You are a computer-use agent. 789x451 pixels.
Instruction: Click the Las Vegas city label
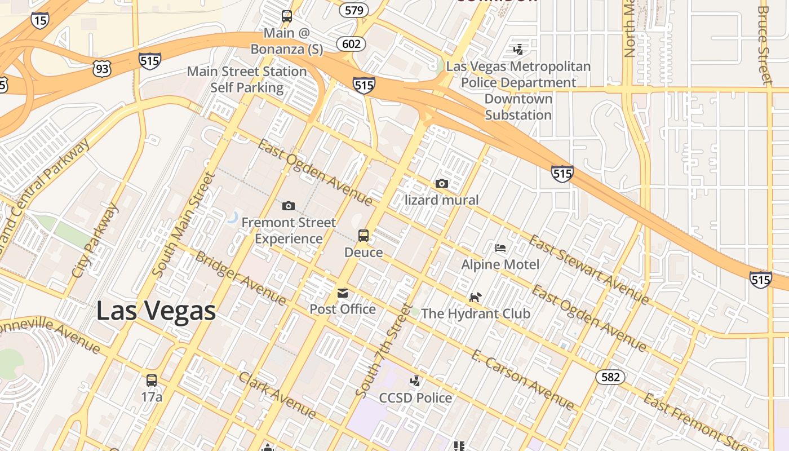click(x=156, y=311)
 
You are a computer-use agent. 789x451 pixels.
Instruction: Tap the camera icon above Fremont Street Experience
click(x=289, y=206)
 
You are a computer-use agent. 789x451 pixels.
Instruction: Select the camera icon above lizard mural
click(x=442, y=184)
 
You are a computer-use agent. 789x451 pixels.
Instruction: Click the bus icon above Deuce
click(x=364, y=236)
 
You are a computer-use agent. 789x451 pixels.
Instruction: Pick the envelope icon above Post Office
click(x=343, y=293)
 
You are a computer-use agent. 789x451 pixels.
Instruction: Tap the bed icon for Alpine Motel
click(x=500, y=248)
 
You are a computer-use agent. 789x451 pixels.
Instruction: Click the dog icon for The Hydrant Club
click(x=476, y=297)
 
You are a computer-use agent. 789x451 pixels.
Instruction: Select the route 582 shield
click(x=610, y=377)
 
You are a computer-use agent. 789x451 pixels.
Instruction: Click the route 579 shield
click(x=354, y=10)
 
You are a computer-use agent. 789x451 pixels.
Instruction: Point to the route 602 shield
click(x=352, y=44)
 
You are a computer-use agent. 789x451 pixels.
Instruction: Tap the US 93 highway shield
click(x=103, y=69)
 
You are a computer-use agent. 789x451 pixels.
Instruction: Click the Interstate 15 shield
click(x=39, y=20)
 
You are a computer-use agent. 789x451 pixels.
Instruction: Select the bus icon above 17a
click(x=152, y=380)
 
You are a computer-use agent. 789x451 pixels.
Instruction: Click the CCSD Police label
click(x=415, y=398)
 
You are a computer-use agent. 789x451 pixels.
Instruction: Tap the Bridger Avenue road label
click(x=240, y=277)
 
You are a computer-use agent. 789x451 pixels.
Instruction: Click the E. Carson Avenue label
click(x=522, y=379)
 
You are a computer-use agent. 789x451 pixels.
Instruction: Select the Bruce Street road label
click(x=764, y=45)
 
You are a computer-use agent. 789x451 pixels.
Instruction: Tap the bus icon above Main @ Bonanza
click(x=287, y=16)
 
